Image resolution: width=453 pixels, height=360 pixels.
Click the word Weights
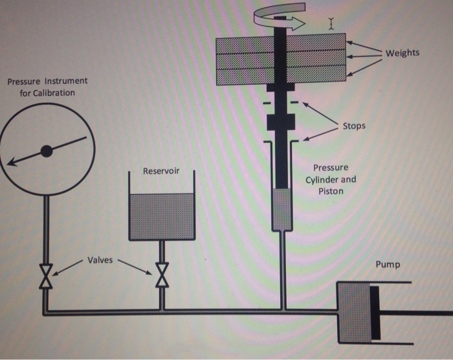tap(402, 52)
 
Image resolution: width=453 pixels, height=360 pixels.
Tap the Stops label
tap(354, 126)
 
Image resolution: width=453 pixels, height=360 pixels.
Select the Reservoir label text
tap(161, 171)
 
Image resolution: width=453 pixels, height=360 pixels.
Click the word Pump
tap(388, 265)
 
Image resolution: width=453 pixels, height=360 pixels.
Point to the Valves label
tap(100, 260)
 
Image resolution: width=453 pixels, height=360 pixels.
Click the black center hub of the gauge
tap(46, 151)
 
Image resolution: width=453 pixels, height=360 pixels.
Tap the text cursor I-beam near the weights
tap(331, 24)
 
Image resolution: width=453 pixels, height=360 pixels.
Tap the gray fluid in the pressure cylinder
tap(282, 209)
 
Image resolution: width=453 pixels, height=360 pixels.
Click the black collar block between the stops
tap(280, 121)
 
